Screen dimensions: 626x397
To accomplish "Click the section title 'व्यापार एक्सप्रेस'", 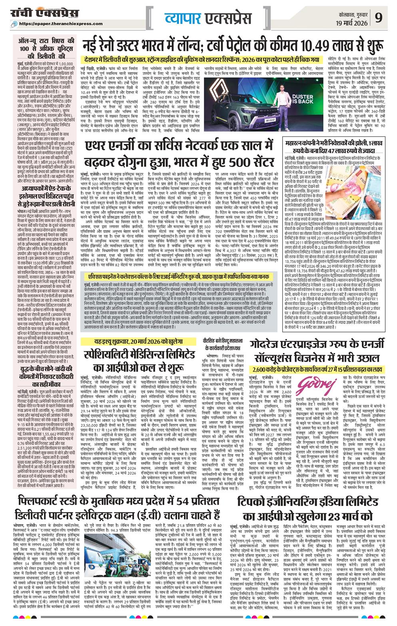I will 207,18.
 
